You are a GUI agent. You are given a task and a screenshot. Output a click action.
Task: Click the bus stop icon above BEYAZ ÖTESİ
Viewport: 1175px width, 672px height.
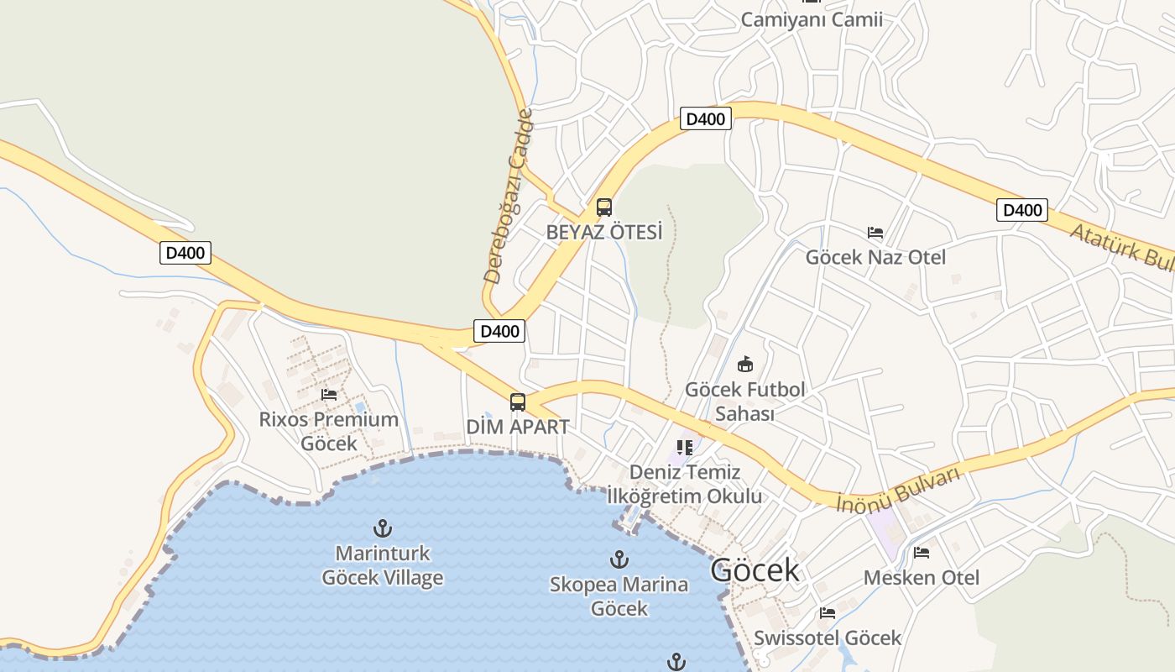[603, 207]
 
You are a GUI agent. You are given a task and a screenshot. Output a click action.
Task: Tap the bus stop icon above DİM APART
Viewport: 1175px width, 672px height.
[518, 402]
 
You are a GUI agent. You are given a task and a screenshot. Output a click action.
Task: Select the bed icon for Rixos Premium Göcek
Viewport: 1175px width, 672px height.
[329, 394]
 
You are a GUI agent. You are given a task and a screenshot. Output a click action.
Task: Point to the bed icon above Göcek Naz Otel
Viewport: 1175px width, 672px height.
[875, 232]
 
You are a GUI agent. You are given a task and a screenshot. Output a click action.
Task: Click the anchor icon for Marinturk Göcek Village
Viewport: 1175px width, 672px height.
[383, 528]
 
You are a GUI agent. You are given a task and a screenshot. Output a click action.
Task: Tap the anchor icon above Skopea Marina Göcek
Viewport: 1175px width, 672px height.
[619, 559]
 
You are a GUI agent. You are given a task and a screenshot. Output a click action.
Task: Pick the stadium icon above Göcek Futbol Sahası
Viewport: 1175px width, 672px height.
[744, 364]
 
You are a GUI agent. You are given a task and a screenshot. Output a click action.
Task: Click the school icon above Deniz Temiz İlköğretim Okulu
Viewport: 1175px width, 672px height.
[685, 447]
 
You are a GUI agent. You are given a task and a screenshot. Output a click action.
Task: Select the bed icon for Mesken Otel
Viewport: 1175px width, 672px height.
[922, 553]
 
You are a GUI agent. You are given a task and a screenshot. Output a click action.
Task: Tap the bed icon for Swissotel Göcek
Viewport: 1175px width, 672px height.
[828, 612]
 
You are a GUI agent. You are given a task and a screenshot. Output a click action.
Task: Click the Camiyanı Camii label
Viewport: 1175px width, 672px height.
[812, 19]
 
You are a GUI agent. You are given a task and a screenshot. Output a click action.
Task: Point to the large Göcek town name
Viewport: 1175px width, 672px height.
[755, 570]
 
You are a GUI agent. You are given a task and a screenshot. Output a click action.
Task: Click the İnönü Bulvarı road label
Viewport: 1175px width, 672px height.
[898, 490]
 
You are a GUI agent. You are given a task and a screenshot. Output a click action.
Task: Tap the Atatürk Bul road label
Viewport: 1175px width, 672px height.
[1121, 244]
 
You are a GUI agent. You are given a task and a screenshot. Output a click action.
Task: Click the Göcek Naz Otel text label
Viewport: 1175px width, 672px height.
[875, 257]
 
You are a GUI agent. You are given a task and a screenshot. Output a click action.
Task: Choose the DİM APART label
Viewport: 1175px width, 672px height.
[518, 427]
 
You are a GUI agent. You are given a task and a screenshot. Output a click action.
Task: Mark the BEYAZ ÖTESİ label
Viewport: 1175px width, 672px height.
[604, 232]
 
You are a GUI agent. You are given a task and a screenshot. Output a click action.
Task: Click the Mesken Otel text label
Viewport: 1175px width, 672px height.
[922, 578]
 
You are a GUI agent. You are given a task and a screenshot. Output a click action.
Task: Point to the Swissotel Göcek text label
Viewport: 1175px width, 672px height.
[828, 638]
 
